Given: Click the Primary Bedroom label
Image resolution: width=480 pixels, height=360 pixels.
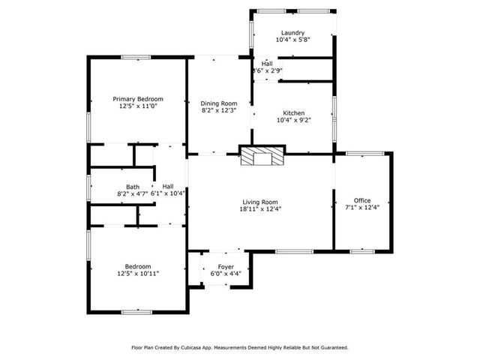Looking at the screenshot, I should (x=138, y=99).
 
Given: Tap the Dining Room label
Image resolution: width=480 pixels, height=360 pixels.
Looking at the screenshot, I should (x=219, y=103).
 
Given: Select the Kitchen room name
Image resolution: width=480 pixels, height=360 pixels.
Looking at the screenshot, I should (x=293, y=111).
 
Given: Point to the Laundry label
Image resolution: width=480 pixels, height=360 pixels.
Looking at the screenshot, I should (x=292, y=33).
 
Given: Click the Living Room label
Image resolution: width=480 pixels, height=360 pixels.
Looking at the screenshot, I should (x=260, y=202).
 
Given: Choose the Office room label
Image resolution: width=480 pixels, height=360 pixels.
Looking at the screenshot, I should (x=362, y=200).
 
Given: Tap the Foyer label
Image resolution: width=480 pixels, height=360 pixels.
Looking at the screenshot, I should (x=226, y=267).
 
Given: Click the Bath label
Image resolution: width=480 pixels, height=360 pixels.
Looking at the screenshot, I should (x=133, y=187).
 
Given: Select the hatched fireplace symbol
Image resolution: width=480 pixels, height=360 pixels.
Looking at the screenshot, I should (x=262, y=157).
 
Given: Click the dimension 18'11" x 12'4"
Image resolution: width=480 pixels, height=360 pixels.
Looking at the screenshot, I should (x=260, y=209).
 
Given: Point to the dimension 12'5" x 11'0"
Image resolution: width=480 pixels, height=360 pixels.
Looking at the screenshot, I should (x=138, y=106).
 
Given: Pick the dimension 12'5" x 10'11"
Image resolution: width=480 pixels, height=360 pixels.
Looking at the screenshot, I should (x=138, y=274).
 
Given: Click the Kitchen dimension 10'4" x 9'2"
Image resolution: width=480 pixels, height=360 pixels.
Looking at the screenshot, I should (x=293, y=118).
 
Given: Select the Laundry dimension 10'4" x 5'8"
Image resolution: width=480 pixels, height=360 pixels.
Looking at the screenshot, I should (x=292, y=40).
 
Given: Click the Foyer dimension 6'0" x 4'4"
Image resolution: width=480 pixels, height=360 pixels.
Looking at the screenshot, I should (x=226, y=274).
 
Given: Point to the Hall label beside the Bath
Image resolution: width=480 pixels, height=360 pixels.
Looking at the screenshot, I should (x=168, y=187).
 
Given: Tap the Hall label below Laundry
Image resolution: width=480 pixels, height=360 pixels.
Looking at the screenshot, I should (x=267, y=64).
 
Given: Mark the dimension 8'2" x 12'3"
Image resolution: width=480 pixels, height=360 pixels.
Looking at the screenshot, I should (x=219, y=111).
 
